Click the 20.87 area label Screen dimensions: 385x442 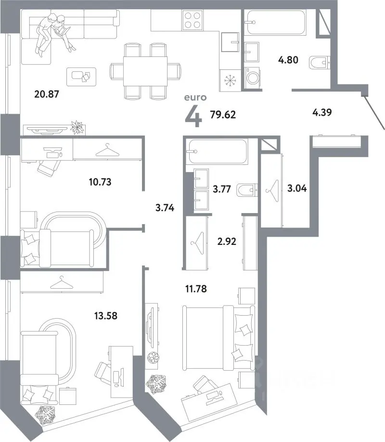pyautogui.click(x=47, y=94)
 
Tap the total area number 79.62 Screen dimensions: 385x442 pyautogui.click(x=223, y=115)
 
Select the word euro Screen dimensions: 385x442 pyautogui.click(x=195, y=97)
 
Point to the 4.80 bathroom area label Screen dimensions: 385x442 pyautogui.click(x=288, y=60)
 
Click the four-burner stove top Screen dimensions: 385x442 pyautogui.click(x=193, y=20)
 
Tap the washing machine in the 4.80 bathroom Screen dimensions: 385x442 pyautogui.click(x=252, y=77)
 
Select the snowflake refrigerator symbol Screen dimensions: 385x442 pyautogui.click(x=230, y=80)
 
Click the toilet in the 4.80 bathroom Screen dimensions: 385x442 pyautogui.click(x=320, y=63)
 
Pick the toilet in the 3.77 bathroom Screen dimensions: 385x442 pyautogui.click(x=247, y=190)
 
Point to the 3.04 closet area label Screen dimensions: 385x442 pyautogui.click(x=297, y=188)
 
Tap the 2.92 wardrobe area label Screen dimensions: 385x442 pyautogui.click(x=227, y=241)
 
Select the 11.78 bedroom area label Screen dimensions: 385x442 pyautogui.click(x=196, y=289)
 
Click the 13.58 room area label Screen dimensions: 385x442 pyautogui.click(x=106, y=316)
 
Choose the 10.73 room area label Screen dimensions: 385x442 pyautogui.click(x=100, y=182)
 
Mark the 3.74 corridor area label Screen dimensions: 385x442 pyautogui.click(x=165, y=208)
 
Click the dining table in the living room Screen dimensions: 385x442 pyautogui.click(x=145, y=71)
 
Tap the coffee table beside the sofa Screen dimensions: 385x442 pyautogui.click(x=81, y=77)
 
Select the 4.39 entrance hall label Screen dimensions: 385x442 pyautogui.click(x=322, y=112)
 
